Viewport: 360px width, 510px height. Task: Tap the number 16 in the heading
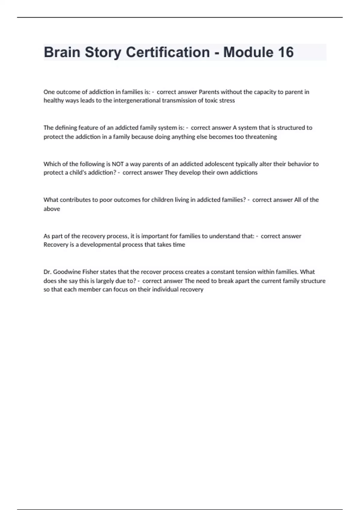click(x=285, y=52)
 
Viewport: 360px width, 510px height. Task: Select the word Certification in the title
click(x=168, y=52)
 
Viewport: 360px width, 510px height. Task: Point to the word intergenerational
click(x=137, y=100)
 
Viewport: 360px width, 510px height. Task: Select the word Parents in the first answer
click(x=209, y=92)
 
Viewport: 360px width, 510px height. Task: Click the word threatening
click(x=261, y=137)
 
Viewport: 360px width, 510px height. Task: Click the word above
click(x=52, y=209)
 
